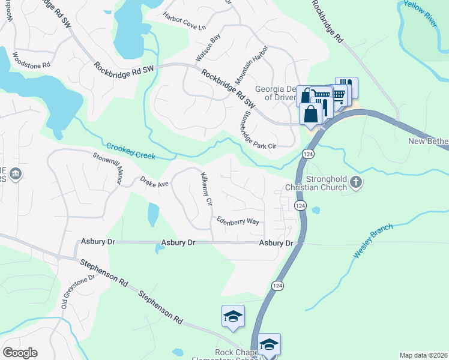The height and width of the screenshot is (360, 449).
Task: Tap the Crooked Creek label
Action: coord(131,151)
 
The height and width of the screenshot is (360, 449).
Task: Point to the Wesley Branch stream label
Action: coord(373,241)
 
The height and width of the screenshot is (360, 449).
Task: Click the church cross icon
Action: coord(357,182)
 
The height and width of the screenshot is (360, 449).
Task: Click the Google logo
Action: coord(20,352)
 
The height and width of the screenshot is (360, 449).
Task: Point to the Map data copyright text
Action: coord(423,355)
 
